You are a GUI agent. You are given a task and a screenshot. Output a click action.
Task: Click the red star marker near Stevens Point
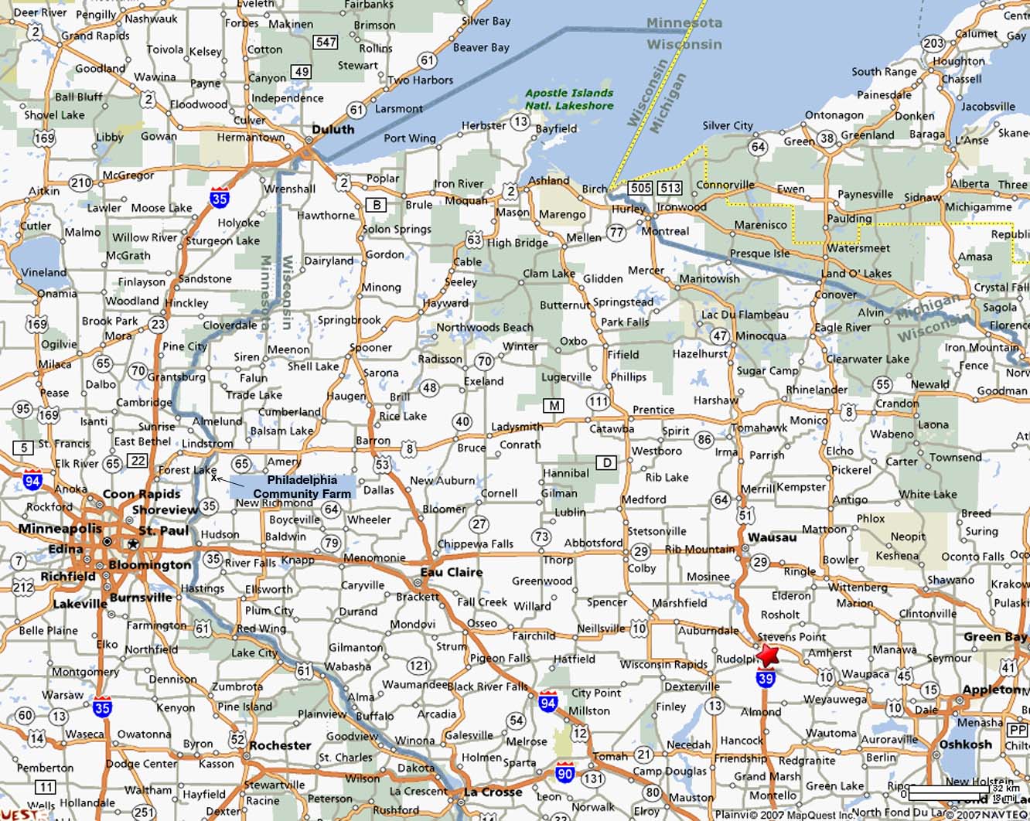click(x=767, y=656)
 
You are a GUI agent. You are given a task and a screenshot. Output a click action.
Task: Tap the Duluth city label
click(x=333, y=129)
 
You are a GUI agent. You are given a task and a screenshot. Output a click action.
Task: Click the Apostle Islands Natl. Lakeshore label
click(x=569, y=99)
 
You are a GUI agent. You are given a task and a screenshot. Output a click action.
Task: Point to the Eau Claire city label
click(x=451, y=572)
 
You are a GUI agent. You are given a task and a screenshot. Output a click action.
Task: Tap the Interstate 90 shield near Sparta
click(x=564, y=773)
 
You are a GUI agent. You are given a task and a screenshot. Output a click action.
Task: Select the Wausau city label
click(x=772, y=537)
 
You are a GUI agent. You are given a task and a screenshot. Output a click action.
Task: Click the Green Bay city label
click(x=994, y=637)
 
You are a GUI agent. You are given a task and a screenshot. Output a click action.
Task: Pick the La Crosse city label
click(x=493, y=792)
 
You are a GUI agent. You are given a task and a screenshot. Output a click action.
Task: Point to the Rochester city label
click(x=280, y=745)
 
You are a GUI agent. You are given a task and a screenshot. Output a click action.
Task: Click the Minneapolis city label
click(x=60, y=529)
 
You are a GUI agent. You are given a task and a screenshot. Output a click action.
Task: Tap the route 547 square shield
click(x=326, y=42)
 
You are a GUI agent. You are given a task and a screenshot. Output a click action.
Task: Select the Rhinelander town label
click(x=817, y=390)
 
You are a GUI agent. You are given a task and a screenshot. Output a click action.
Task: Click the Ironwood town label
click(x=681, y=207)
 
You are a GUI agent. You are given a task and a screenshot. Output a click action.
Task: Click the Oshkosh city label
click(x=965, y=744)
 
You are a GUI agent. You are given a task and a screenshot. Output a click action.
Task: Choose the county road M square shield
click(x=553, y=405)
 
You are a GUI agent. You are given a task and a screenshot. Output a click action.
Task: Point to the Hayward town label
click(x=445, y=303)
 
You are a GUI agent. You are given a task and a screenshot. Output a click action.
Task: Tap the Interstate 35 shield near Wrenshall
click(x=220, y=199)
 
